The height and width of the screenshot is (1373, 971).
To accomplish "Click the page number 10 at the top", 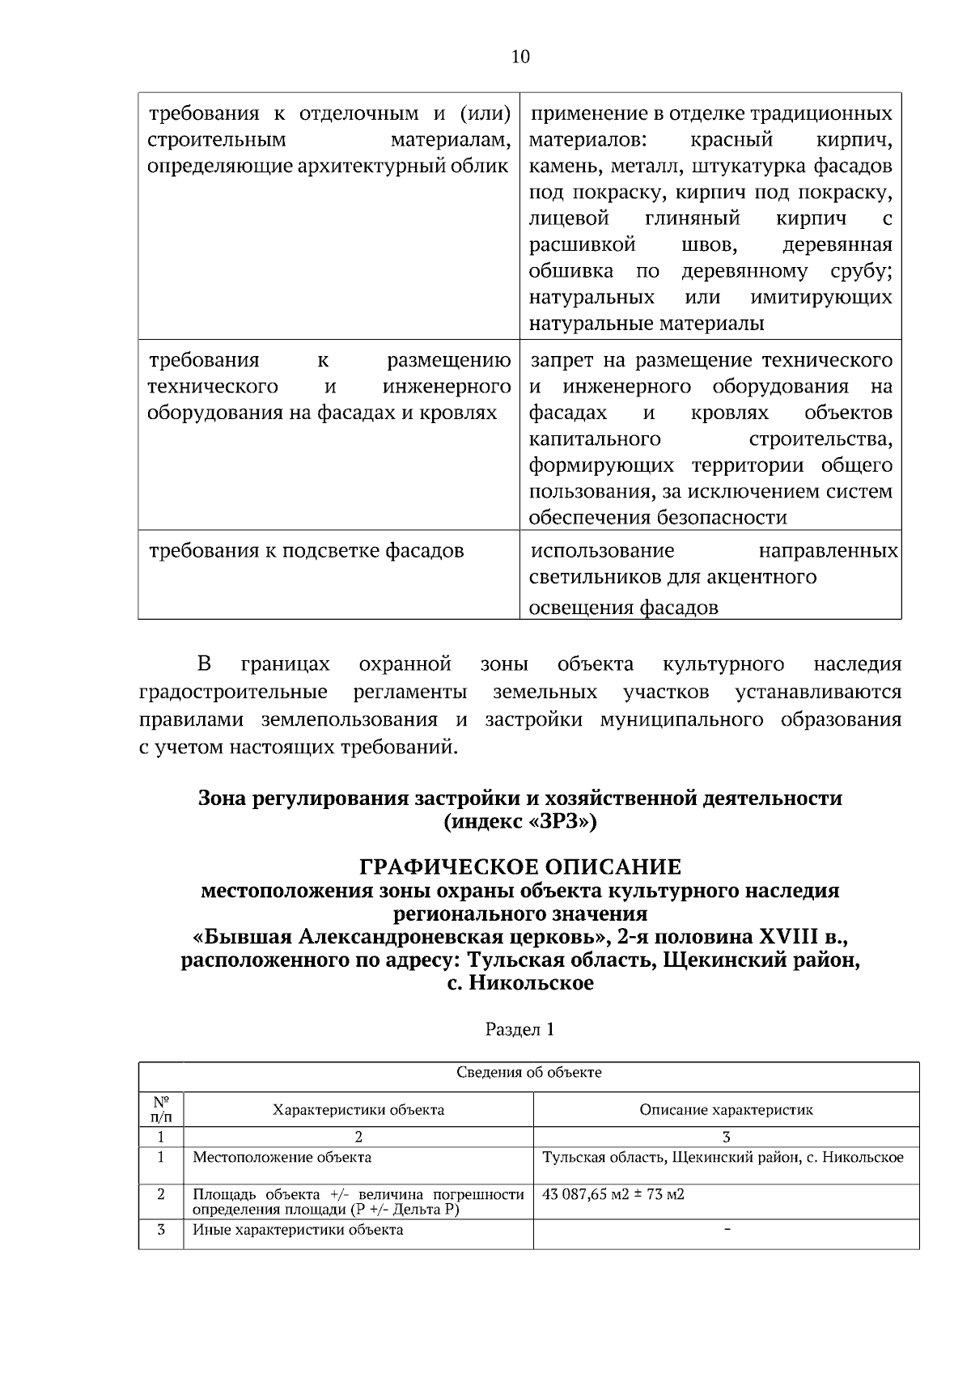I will click(x=520, y=57).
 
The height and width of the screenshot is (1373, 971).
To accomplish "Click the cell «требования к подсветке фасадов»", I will click(x=307, y=552).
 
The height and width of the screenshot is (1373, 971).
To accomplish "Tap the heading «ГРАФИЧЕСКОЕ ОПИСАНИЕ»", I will click(x=520, y=867).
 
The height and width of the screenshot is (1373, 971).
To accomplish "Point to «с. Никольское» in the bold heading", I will click(x=520, y=984).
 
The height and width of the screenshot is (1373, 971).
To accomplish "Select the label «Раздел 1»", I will click(x=520, y=1030).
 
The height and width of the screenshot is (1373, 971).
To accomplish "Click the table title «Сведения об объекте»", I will click(x=529, y=1074).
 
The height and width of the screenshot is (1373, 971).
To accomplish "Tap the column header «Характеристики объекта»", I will click(x=358, y=1110).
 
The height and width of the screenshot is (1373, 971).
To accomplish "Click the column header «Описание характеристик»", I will click(x=726, y=1110).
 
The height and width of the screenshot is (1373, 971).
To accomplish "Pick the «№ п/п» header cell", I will click(x=161, y=1109).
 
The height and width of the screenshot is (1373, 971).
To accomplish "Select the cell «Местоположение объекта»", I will click(x=282, y=1158).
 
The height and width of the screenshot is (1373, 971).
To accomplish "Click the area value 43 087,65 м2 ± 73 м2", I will click(x=613, y=1194).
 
